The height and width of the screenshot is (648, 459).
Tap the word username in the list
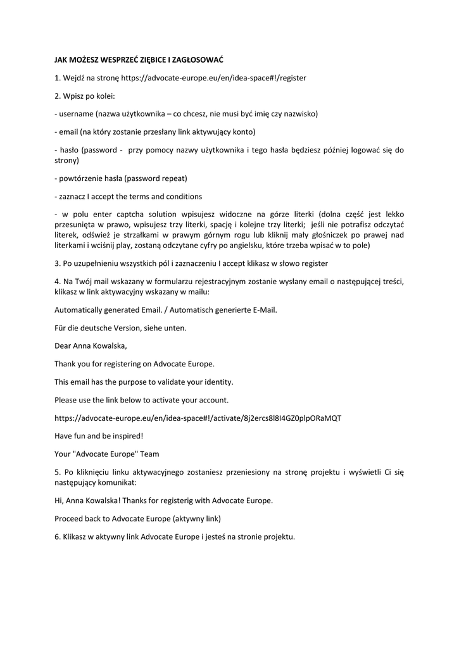(x=76, y=114)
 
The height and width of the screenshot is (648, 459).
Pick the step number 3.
(x=57, y=263)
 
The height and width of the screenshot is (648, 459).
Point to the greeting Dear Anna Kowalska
(x=91, y=346)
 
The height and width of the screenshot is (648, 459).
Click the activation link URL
(x=198, y=418)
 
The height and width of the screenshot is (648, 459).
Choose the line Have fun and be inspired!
(x=99, y=436)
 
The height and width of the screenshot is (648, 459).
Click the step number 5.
(x=57, y=472)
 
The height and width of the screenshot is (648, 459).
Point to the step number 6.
(x=57, y=537)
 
